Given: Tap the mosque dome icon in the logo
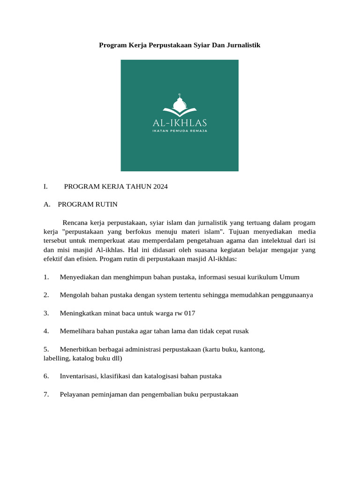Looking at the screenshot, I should (180, 103).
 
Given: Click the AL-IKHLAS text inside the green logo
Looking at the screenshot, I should (180, 123).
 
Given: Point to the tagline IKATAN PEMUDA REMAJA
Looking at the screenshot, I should (180, 131).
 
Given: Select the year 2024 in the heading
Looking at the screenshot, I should (160, 187).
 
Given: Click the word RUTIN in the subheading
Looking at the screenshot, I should (108, 204).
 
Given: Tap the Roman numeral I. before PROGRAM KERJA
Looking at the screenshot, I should (45, 187).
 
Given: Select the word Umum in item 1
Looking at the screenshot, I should (289, 277).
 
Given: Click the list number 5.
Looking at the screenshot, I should (46, 349).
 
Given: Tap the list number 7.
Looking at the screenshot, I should (46, 394).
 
